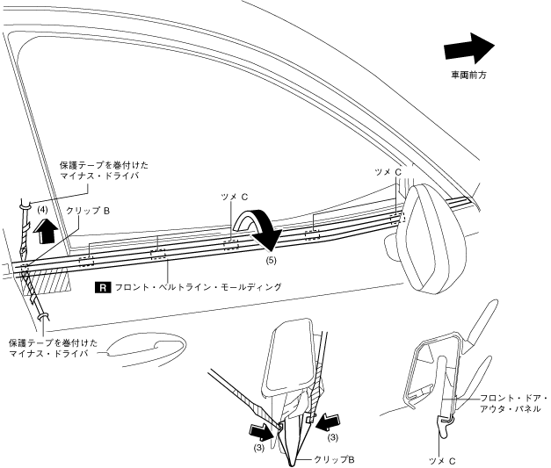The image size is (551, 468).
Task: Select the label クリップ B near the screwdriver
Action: click(x=88, y=211)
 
